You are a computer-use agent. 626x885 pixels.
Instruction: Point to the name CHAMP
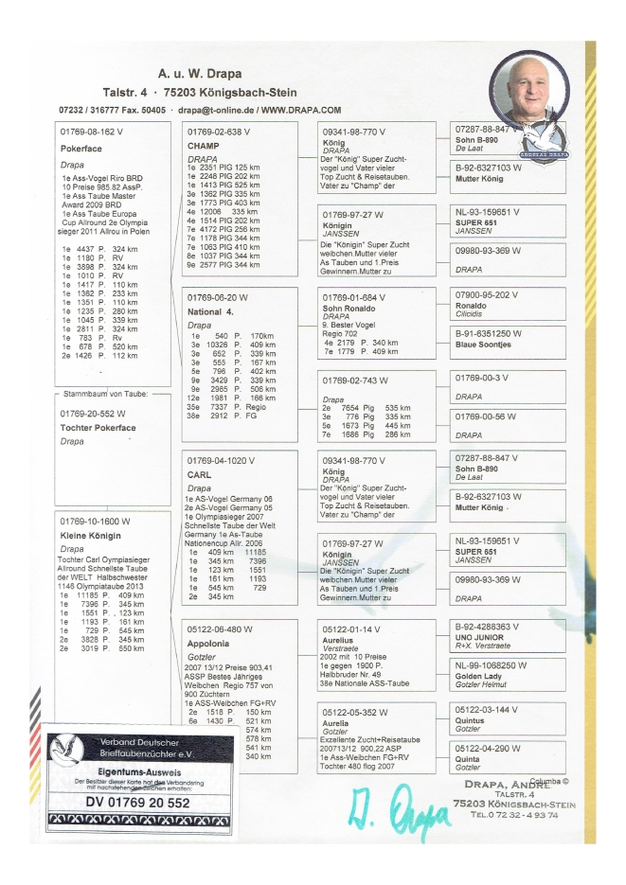pos(204,148)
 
